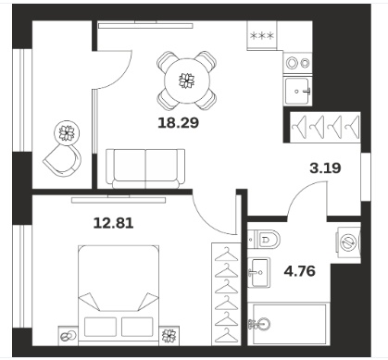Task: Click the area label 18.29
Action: click(179, 123)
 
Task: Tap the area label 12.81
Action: click(114, 223)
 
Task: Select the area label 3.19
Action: click(325, 168)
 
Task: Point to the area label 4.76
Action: click(300, 271)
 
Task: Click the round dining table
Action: click(187, 81)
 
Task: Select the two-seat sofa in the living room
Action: click(145, 168)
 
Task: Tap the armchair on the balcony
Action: click(63, 160)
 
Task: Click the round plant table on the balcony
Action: click(68, 132)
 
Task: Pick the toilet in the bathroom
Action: click(264, 239)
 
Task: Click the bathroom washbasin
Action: click(259, 272)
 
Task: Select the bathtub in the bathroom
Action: click(288, 324)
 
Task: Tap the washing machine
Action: click(349, 242)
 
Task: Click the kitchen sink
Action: click(298, 92)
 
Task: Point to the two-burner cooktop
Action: click(298, 63)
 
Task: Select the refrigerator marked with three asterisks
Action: click(262, 36)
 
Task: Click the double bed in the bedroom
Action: click(119, 294)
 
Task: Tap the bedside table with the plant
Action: click(169, 335)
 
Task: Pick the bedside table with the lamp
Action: click(69, 335)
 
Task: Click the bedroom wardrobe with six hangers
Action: click(226, 294)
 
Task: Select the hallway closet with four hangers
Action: click(325, 127)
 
